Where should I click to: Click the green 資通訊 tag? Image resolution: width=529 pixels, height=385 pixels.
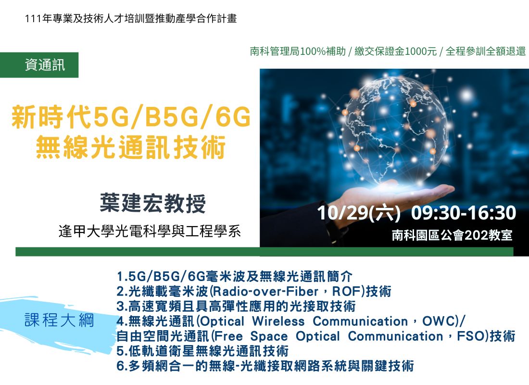[x=39, y=65]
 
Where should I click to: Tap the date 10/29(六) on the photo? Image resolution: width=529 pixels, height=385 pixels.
[x=359, y=213]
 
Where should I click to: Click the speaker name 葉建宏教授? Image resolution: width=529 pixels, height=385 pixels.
[x=153, y=203]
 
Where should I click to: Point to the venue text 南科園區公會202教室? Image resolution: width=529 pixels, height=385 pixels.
[x=452, y=235]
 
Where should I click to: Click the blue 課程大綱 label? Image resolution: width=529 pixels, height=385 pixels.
[x=59, y=320]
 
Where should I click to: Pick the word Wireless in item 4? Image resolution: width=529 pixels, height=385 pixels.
[x=278, y=321]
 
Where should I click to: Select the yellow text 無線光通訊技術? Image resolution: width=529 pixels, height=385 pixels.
[x=131, y=147]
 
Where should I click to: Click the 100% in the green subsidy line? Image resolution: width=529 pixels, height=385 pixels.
[x=313, y=51]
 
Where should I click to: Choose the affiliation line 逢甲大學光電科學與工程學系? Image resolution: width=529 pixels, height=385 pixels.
[x=150, y=231]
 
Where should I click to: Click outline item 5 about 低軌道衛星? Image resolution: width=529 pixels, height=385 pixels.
[x=202, y=351]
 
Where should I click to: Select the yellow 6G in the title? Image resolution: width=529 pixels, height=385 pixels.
[x=233, y=117]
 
